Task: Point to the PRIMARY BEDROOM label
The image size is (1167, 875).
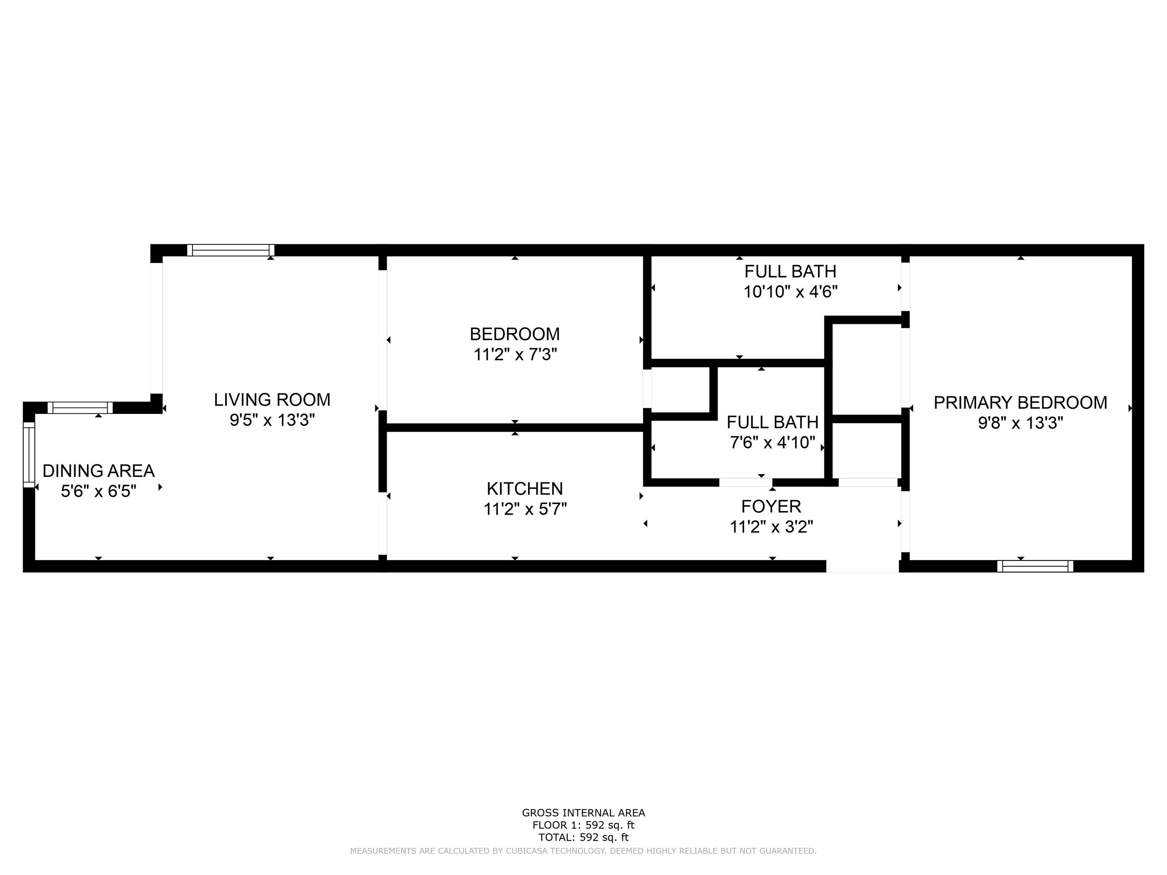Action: coord(1020,403)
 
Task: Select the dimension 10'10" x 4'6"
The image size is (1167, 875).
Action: coord(790,292)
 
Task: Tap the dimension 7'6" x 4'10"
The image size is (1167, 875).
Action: coord(772,442)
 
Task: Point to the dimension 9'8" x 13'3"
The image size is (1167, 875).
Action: coord(1020,423)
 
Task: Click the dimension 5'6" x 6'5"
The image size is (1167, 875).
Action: coord(99,491)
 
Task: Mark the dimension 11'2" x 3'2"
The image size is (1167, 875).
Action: coord(771,527)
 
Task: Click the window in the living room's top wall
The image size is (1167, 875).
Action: coord(231,250)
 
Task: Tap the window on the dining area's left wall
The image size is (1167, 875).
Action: coord(29,455)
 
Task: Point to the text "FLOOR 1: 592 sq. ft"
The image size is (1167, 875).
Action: coord(583,825)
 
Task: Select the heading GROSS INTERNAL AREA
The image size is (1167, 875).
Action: coord(583,813)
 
